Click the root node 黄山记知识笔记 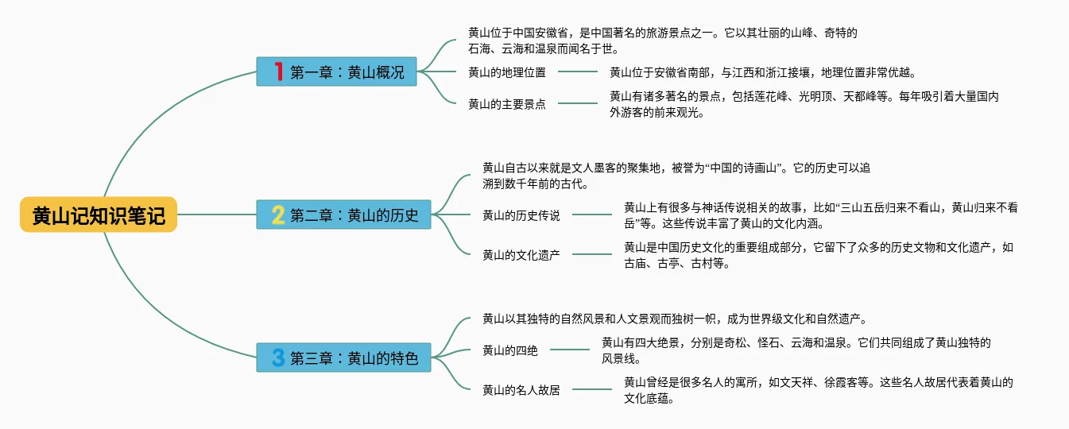click(x=99, y=214)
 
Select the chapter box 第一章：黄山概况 click(x=336, y=71)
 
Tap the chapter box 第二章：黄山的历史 click(x=343, y=214)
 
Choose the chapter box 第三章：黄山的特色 click(x=343, y=357)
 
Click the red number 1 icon click(x=279, y=71)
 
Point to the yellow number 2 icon click(x=278, y=214)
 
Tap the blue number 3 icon click(x=278, y=357)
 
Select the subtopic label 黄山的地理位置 click(x=507, y=72)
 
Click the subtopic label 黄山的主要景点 click(x=507, y=104)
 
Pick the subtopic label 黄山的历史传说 click(x=521, y=216)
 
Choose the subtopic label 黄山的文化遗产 click(x=521, y=255)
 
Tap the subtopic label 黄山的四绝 click(x=510, y=350)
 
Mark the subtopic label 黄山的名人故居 click(x=521, y=390)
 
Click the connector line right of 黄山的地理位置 click(x=578, y=71)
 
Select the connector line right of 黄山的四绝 click(x=570, y=350)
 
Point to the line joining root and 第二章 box click(x=217, y=214)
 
